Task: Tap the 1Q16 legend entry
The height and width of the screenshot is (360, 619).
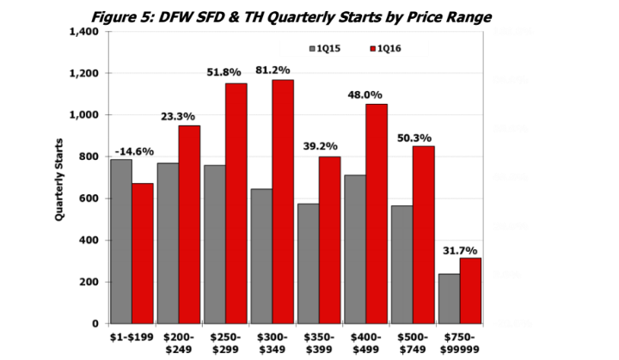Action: pos(383,48)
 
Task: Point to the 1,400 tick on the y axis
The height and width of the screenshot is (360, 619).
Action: pos(87,32)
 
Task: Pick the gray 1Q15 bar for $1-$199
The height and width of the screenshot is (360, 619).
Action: pos(121,241)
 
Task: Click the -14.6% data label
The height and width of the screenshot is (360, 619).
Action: pos(134,152)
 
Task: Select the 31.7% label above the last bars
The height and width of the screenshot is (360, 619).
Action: pos(461,251)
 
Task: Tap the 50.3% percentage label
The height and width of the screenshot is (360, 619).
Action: pos(414,137)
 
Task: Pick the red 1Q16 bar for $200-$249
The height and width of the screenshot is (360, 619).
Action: pos(189,224)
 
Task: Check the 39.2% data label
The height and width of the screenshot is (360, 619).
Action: pos(320,145)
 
